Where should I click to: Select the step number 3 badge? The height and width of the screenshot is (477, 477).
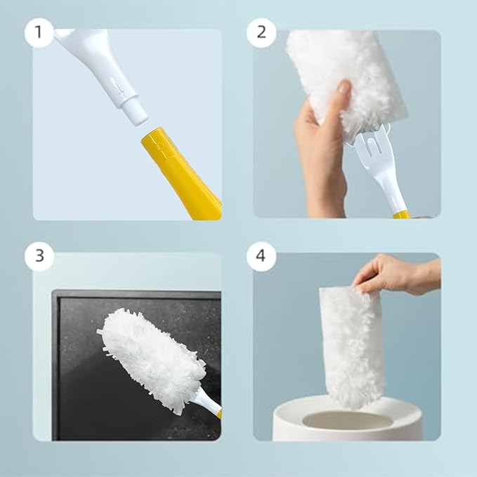[x=39, y=256]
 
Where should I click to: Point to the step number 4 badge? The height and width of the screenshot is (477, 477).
[x=261, y=256]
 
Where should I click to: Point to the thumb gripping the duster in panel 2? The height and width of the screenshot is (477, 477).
[x=344, y=89]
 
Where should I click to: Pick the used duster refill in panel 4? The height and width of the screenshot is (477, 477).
[x=351, y=344]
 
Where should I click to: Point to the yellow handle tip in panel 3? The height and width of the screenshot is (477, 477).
[x=218, y=414]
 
